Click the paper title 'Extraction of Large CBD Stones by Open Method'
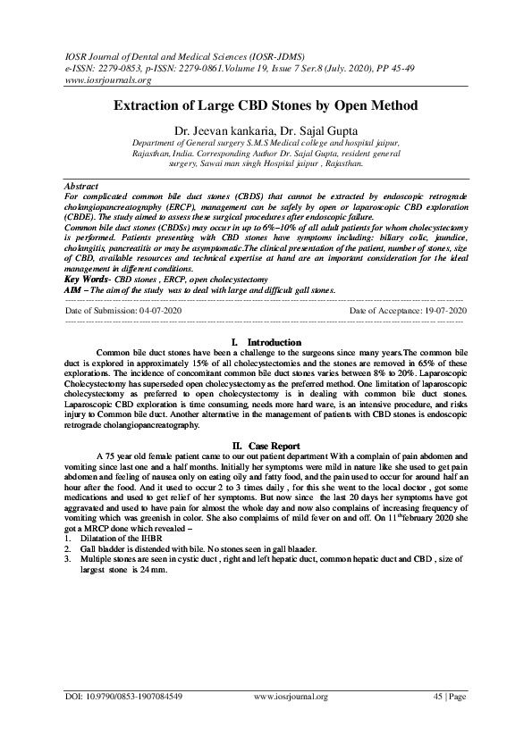click(266, 105)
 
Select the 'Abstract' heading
click(82, 184)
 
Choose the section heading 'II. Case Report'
click(266, 445)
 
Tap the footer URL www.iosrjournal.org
click(291, 696)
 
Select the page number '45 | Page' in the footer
click(448, 696)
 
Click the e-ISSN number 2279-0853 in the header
click(123, 67)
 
